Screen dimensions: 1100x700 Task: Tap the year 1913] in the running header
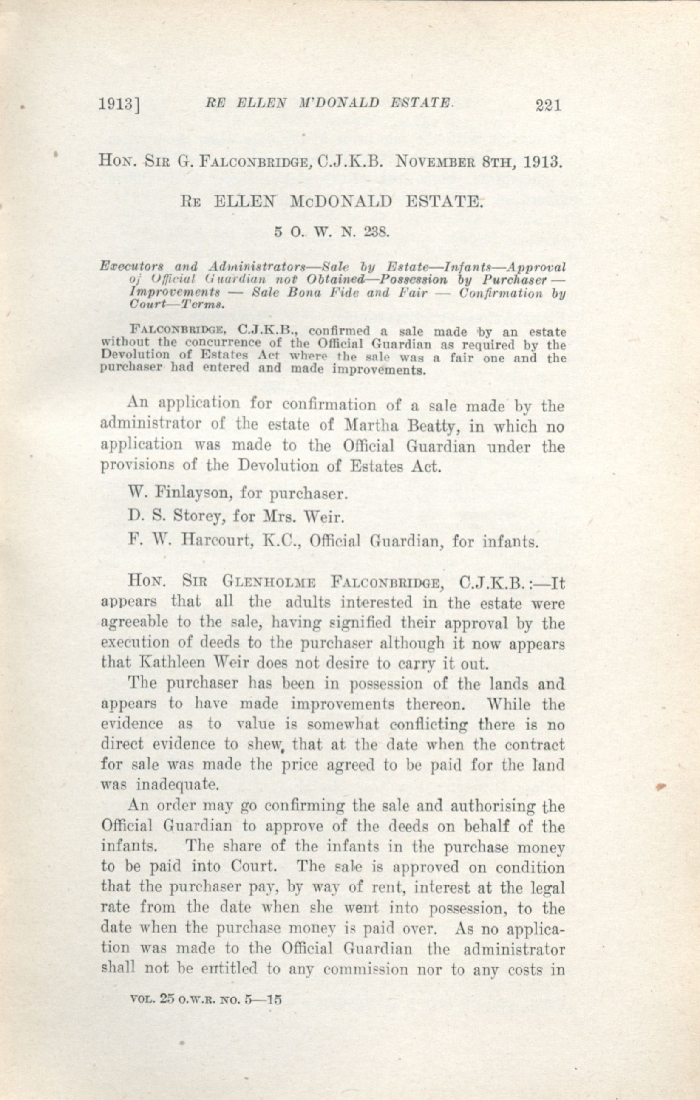click(119, 105)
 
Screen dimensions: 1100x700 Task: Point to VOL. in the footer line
click(141, 998)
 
